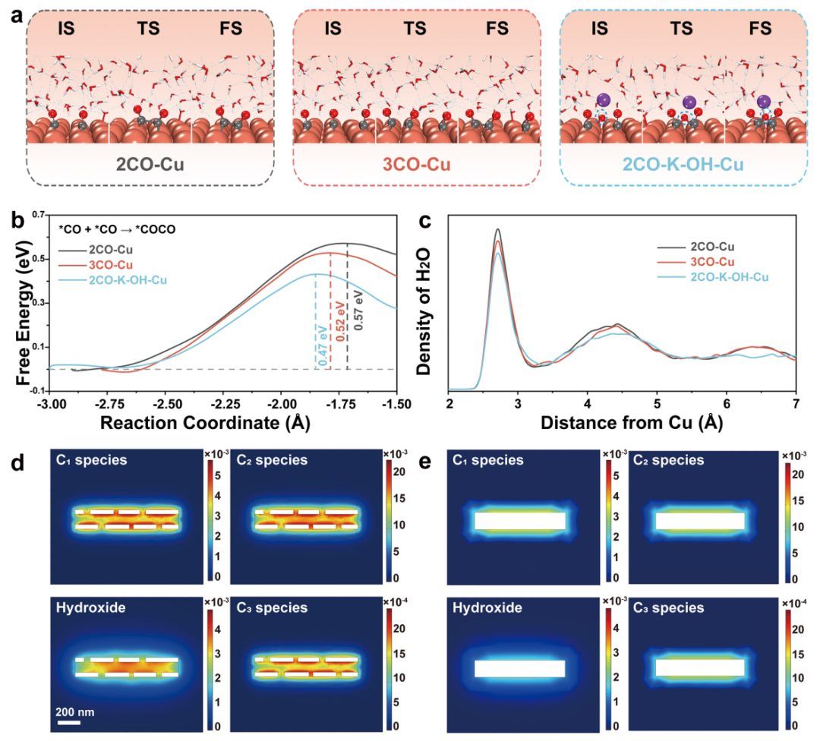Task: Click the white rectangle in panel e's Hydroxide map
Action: click(519, 668)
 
